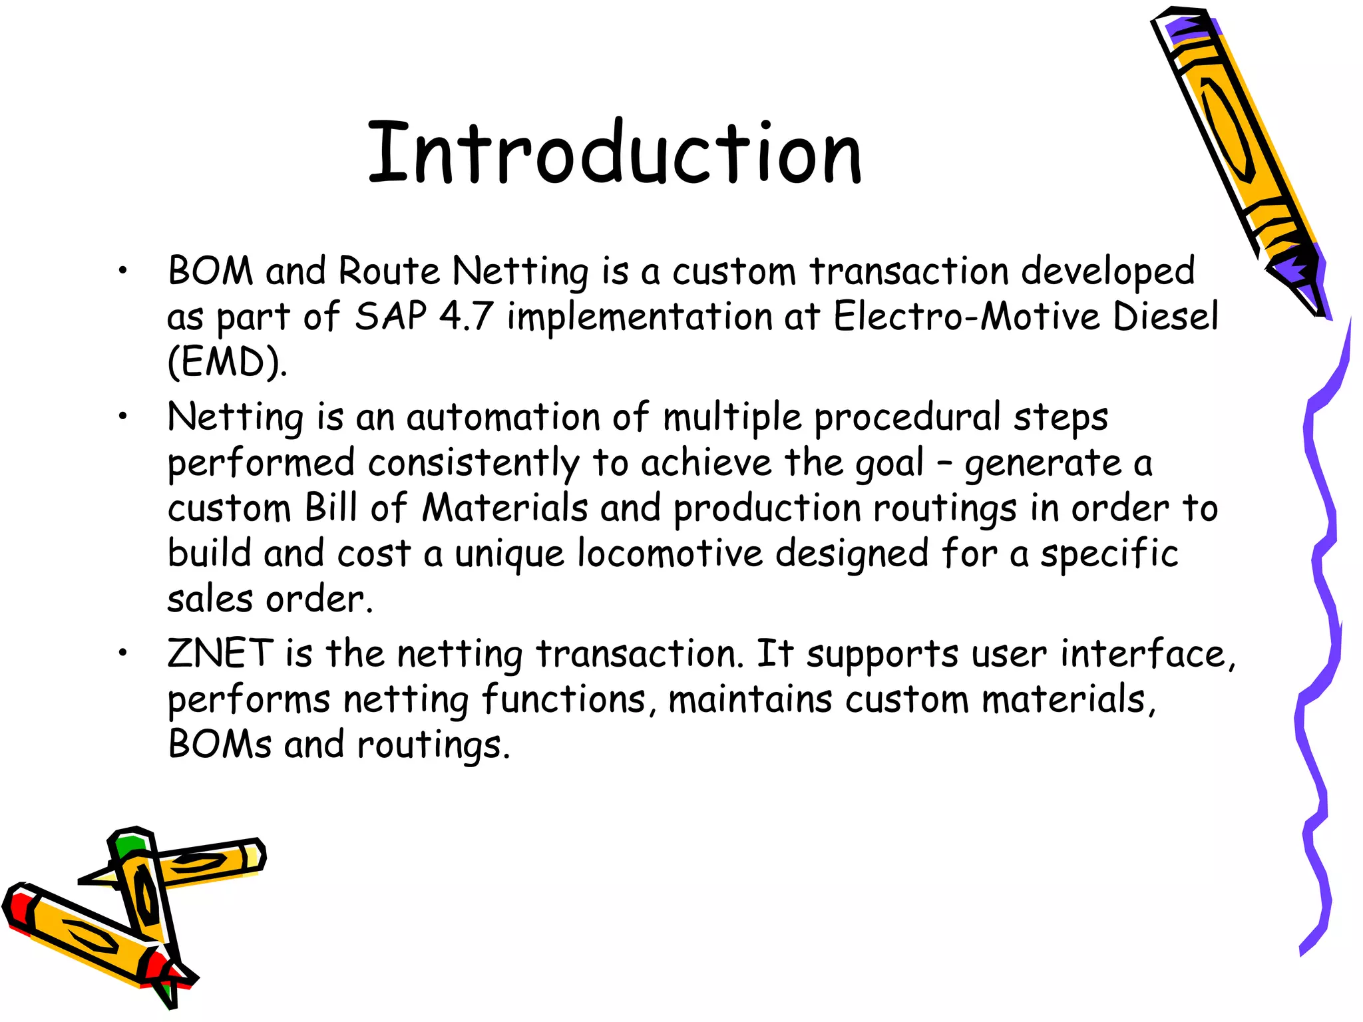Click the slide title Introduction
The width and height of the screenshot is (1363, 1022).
click(615, 154)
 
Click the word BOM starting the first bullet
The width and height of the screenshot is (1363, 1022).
click(210, 271)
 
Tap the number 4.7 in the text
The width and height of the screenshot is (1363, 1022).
click(465, 317)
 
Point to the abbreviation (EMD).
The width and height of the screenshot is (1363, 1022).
click(227, 363)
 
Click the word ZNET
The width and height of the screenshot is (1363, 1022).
click(220, 653)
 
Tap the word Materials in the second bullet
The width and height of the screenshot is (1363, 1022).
click(505, 508)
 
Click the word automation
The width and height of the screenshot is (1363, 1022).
click(503, 418)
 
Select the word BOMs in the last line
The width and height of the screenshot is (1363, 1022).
click(220, 745)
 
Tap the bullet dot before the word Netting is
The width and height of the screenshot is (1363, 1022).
click(122, 417)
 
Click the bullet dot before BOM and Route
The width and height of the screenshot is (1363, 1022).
click(122, 271)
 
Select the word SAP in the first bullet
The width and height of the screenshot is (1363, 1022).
click(391, 317)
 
